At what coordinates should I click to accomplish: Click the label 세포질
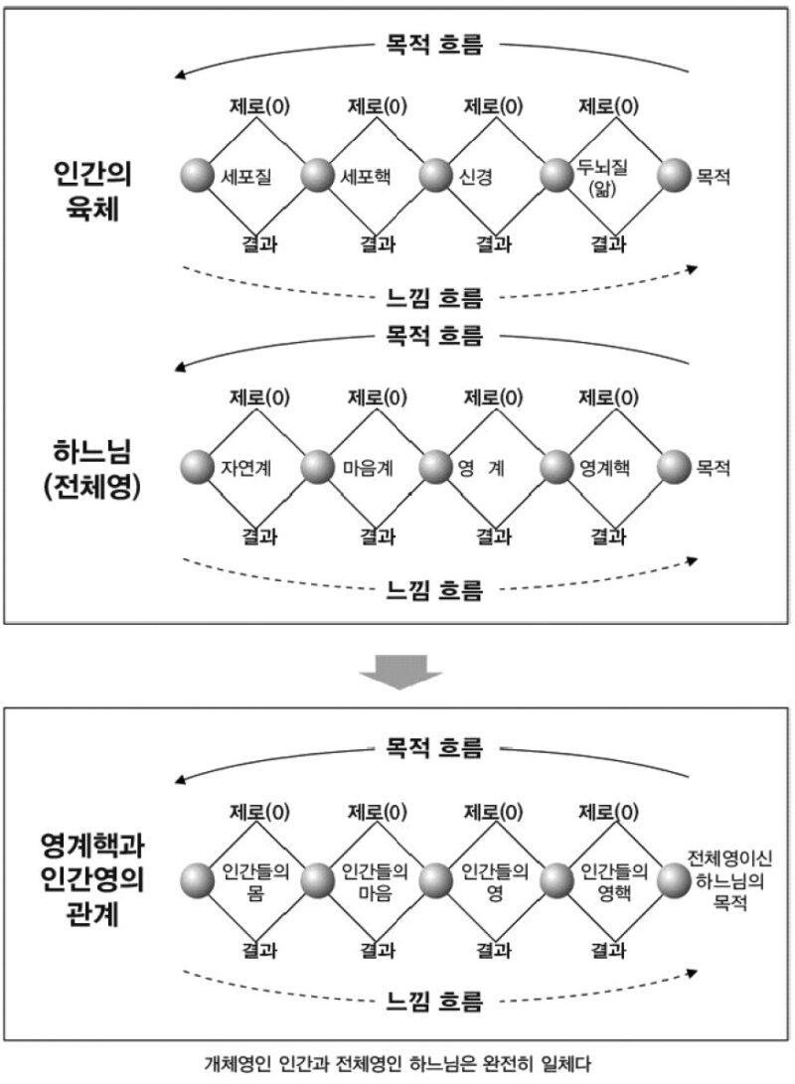[246, 177]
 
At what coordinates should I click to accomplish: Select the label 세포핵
[366, 176]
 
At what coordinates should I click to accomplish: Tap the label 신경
[476, 177]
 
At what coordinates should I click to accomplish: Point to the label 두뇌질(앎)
[602, 178]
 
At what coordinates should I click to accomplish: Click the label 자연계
[246, 468]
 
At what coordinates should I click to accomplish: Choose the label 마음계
[368, 468]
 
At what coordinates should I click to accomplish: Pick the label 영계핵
[604, 468]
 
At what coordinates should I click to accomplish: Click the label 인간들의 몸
[255, 881]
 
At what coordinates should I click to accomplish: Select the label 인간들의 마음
[376, 881]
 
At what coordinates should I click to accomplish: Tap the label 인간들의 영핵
[614, 881]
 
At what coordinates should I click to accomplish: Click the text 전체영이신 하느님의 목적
[730, 880]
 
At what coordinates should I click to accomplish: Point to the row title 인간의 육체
[92, 191]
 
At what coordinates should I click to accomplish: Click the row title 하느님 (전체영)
[92, 469]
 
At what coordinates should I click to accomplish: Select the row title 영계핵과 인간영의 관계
[92, 879]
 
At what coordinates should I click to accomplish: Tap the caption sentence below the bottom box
[397, 1064]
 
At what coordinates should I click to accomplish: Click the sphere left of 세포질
[198, 176]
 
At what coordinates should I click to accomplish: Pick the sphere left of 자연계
[198, 467]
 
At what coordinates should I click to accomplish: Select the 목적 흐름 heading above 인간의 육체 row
[433, 45]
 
